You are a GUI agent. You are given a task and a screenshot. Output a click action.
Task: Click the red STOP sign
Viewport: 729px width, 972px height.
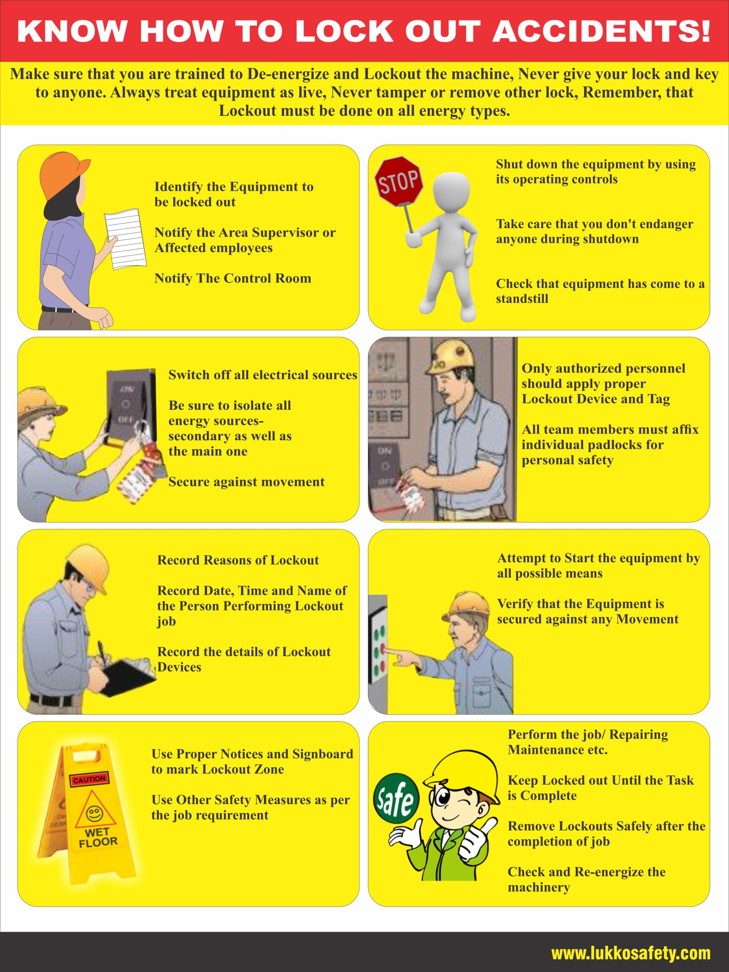399,181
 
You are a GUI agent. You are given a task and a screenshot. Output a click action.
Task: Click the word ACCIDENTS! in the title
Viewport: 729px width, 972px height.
601,31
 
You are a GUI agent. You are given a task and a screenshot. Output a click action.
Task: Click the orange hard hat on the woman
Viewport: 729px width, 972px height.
64,173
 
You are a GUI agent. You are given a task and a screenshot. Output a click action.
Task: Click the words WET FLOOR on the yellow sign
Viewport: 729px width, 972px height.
98,837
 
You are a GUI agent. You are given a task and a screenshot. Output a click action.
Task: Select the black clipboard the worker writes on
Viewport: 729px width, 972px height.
128,677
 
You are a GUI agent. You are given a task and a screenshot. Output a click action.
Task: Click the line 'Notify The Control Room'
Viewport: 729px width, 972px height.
233,278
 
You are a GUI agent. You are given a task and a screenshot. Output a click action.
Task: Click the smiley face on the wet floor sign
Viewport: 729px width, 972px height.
94,813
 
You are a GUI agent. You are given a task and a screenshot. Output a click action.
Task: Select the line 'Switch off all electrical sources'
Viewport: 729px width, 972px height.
263,375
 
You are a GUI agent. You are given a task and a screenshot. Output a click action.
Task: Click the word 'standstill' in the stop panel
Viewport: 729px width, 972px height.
522,299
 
